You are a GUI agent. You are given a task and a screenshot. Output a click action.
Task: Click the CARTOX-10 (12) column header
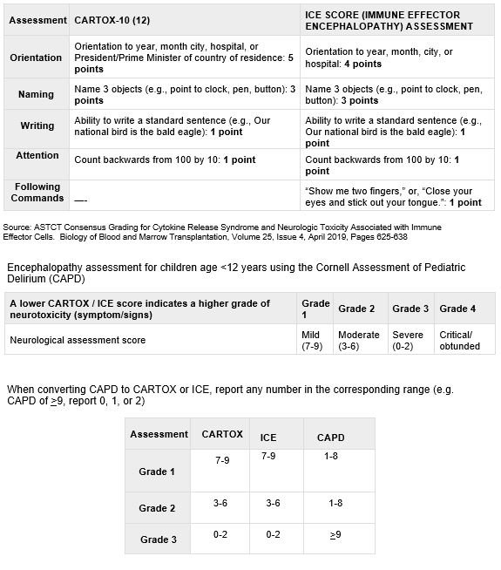click(111, 20)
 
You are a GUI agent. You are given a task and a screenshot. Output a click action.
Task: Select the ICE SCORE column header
click(389, 20)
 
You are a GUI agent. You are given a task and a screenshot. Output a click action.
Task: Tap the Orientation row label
click(37, 58)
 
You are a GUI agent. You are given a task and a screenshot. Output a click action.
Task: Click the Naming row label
click(37, 94)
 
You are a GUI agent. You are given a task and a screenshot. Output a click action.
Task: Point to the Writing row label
click(37, 126)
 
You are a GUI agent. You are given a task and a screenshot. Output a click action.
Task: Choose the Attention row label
click(37, 155)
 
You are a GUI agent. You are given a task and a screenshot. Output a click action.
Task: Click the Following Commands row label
click(37, 192)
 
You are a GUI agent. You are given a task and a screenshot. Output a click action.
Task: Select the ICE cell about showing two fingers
click(393, 196)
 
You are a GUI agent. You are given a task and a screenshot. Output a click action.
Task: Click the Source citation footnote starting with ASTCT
click(222, 231)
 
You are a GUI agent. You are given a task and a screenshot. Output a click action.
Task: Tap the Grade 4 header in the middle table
click(458, 309)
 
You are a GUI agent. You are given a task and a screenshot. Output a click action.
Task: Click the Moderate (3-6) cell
click(359, 340)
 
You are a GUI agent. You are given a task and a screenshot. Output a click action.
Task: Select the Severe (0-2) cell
click(410, 340)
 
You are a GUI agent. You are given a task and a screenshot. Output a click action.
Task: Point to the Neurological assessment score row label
click(78, 340)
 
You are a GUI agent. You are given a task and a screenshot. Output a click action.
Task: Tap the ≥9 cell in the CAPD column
click(335, 534)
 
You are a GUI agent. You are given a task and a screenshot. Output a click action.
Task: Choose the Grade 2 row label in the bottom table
click(159, 508)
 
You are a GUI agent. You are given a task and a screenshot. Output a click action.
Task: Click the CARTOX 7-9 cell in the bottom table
click(222, 459)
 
